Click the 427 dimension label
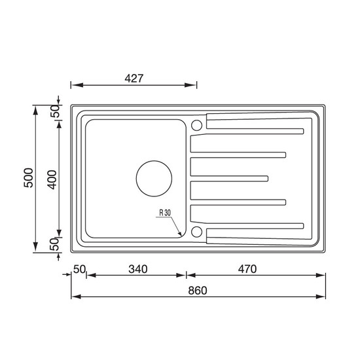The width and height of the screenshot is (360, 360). [134, 79]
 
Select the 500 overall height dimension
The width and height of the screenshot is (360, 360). [29, 178]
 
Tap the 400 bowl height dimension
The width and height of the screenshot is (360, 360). [52, 179]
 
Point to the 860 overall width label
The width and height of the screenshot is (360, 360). [198, 291]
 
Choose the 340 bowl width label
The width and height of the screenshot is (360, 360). [137, 269]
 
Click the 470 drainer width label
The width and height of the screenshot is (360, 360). [247, 269]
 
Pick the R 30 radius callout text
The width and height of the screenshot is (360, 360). [165, 213]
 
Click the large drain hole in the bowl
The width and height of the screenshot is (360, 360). [154, 179]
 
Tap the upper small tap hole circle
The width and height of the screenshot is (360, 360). [196, 126]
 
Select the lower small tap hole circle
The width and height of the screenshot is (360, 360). [196, 232]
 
